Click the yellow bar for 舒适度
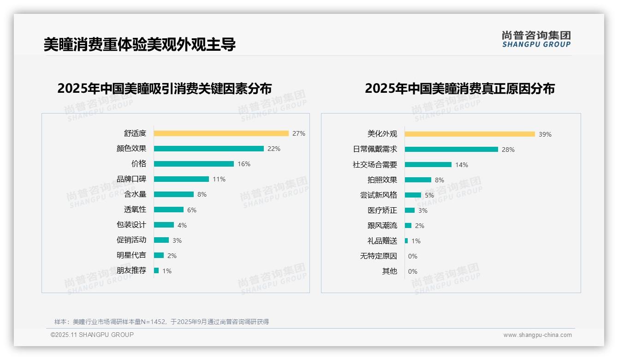(x=221, y=133)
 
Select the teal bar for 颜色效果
(x=208, y=149)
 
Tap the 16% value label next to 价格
(x=244, y=164)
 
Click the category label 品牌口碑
(x=131, y=179)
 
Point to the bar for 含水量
(x=173, y=194)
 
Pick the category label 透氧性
(x=135, y=210)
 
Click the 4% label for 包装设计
(x=182, y=225)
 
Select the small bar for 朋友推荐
(x=156, y=270)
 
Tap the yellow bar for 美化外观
(x=469, y=134)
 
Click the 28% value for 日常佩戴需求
(x=508, y=150)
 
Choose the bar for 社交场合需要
(x=428, y=164)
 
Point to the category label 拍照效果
(x=382, y=180)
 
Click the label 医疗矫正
(x=382, y=210)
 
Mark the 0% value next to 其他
(x=412, y=271)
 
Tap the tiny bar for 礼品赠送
(x=406, y=240)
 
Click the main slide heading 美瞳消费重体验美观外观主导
(x=140, y=44)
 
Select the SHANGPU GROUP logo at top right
(x=536, y=39)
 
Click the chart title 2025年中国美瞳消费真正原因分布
(x=459, y=88)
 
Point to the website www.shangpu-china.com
(x=537, y=335)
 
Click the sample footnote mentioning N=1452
(x=161, y=322)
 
